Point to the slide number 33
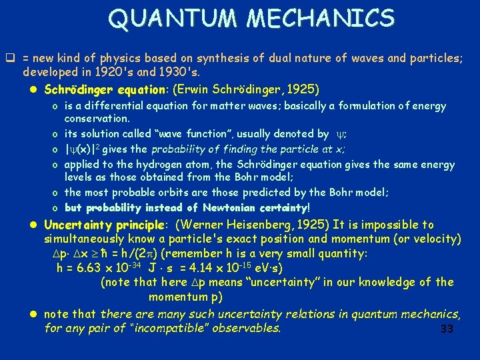(x=447, y=329)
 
